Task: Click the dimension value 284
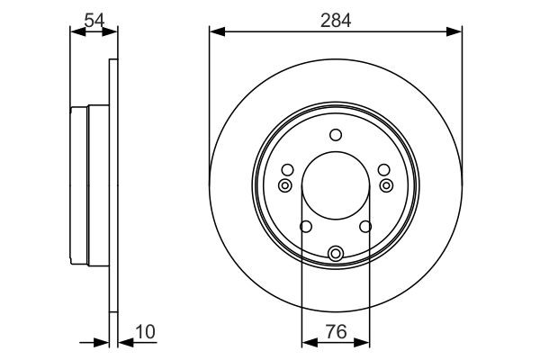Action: [x=336, y=18]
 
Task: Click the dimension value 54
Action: [x=94, y=18]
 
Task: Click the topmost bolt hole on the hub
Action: [x=336, y=136]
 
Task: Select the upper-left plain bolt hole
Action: [x=287, y=170]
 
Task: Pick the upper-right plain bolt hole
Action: [x=384, y=170]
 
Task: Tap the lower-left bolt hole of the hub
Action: [x=306, y=227]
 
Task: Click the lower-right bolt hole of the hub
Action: [x=366, y=227]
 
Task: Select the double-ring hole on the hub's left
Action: [x=285, y=185]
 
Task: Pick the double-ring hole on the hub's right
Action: [x=387, y=185]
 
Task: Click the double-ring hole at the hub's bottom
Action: [x=336, y=254]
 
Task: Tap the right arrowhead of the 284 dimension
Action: [x=458, y=33]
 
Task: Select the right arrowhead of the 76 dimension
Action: [x=364, y=342]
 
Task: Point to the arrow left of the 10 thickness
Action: [x=102, y=342]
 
